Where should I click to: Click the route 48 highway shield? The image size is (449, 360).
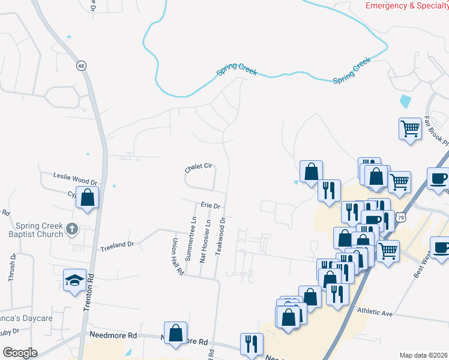[x=80, y=65]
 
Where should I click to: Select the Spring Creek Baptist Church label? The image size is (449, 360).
[x=40, y=230]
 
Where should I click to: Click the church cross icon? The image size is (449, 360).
[x=72, y=228]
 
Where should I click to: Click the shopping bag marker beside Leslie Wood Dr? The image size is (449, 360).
[x=88, y=197]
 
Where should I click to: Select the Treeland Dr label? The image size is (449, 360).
[x=117, y=245]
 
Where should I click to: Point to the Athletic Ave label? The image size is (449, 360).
[x=375, y=313]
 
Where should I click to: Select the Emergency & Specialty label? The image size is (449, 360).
[x=407, y=5]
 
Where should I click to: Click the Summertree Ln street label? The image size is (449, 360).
[x=193, y=240]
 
